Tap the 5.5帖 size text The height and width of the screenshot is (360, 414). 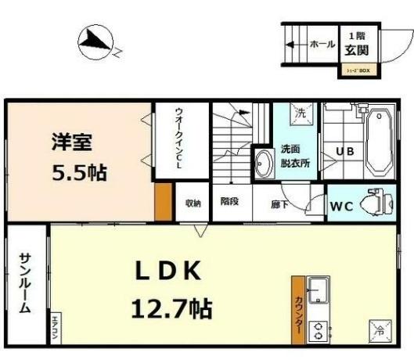pos(78,171)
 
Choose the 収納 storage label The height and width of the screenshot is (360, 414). pos(193,203)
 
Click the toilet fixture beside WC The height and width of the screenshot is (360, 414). pos(378,203)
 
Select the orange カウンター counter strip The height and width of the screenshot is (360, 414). pos(298,309)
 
